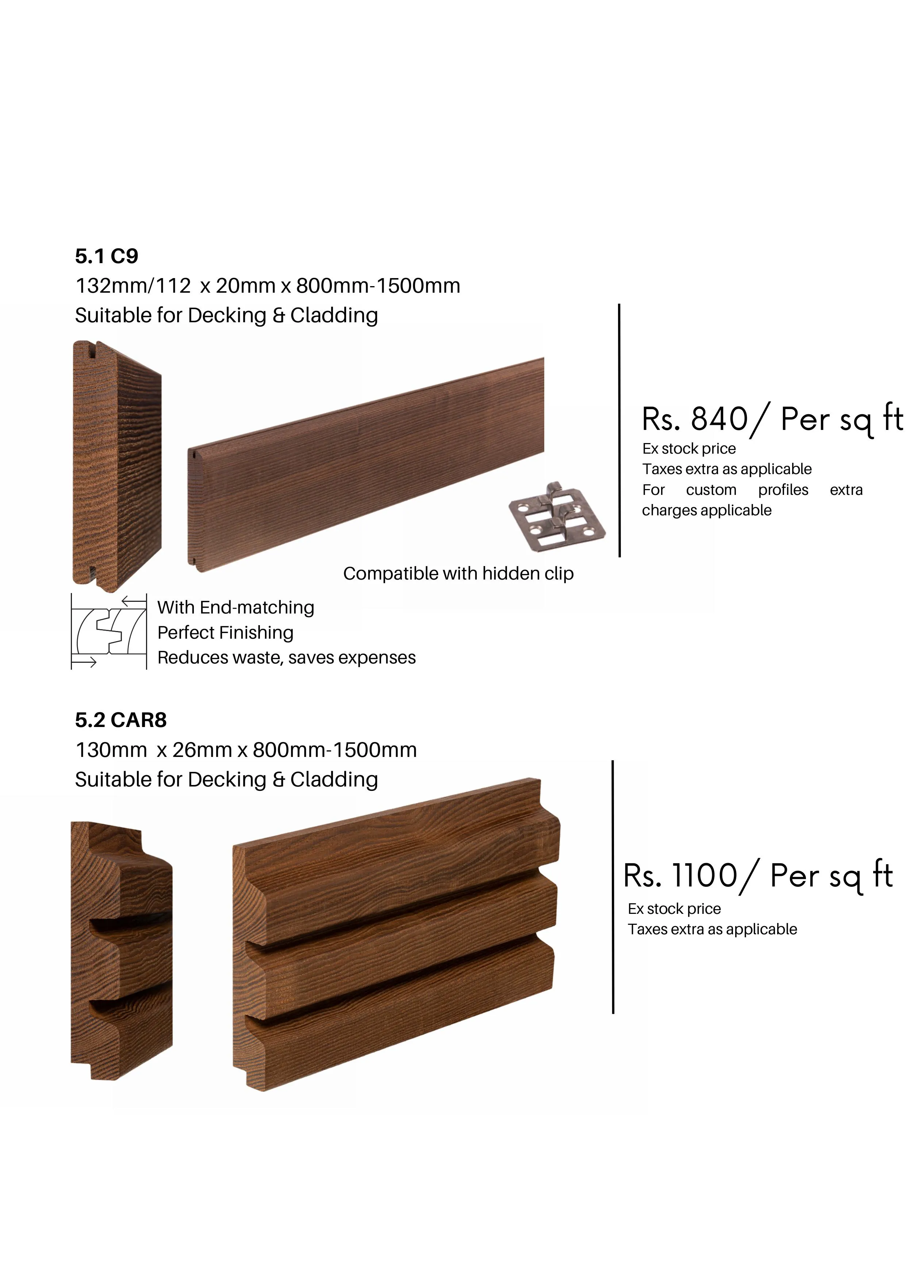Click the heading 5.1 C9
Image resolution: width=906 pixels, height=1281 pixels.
click(107, 256)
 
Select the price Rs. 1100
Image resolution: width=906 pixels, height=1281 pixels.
click(681, 876)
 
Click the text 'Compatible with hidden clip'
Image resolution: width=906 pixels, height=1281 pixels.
click(458, 574)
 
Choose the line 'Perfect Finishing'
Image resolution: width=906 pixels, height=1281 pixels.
click(225, 633)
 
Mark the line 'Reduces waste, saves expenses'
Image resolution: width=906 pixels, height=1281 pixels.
click(287, 658)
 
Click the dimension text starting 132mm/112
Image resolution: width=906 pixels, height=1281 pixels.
click(268, 286)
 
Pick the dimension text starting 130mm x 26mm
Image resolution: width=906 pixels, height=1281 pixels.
click(246, 750)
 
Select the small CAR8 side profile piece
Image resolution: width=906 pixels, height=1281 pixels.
click(122, 950)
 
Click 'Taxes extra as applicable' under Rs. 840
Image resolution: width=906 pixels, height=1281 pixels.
click(727, 469)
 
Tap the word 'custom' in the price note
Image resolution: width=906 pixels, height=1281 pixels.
click(711, 490)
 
